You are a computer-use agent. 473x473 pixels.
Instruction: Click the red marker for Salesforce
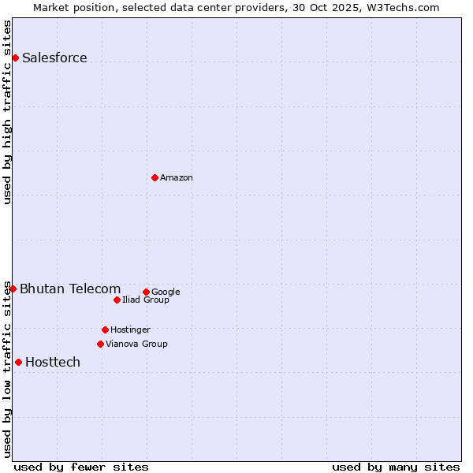[x=15, y=58]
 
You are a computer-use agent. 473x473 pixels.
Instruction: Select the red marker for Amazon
[x=155, y=177]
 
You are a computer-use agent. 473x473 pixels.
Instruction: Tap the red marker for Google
[x=146, y=292]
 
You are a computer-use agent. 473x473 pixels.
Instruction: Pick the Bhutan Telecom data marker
[x=13, y=289]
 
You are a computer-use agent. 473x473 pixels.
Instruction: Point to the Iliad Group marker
[x=117, y=300]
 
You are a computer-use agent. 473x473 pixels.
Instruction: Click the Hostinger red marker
[x=105, y=330]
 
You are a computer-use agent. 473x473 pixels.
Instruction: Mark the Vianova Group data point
[x=100, y=344]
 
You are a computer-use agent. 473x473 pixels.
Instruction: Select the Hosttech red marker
[x=18, y=362]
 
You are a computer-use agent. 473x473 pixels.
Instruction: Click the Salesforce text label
[x=54, y=58]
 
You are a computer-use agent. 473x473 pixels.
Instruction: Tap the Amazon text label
[x=177, y=177]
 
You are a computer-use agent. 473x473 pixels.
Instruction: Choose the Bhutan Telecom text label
[x=70, y=289]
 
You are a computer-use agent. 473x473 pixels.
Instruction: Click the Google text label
[x=166, y=292]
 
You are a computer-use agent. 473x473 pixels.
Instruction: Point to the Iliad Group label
[x=146, y=300]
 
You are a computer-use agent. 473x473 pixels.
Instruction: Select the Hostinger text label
[x=130, y=330]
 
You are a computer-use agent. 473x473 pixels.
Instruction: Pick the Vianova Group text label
[x=136, y=344]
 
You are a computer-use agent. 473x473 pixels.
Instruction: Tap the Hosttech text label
[x=53, y=362]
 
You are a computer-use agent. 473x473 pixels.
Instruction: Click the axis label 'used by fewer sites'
[x=81, y=467]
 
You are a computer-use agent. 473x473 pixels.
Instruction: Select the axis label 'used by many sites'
[x=396, y=467]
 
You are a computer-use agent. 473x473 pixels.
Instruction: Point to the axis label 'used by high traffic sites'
[x=7, y=112]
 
